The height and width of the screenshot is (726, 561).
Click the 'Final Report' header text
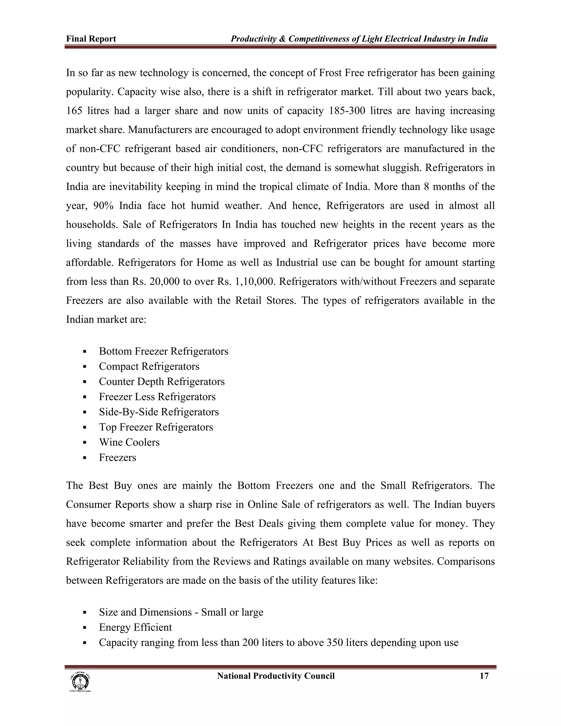point(91,39)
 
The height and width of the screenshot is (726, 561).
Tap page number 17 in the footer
point(484,676)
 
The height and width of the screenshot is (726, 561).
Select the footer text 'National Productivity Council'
point(276,676)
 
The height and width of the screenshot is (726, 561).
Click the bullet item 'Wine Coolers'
point(129,442)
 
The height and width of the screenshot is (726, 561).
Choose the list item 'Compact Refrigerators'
point(149,366)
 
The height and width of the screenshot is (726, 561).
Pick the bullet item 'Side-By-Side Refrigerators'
point(159,412)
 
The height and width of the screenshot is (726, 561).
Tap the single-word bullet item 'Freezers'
point(117,458)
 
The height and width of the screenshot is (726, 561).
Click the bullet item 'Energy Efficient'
point(135,627)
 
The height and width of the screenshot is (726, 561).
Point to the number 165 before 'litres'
point(74,111)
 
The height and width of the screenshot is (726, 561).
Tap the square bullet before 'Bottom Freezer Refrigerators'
point(85,351)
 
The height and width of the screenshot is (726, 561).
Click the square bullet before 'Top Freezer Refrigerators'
point(85,427)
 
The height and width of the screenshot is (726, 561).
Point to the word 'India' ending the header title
point(477,39)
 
